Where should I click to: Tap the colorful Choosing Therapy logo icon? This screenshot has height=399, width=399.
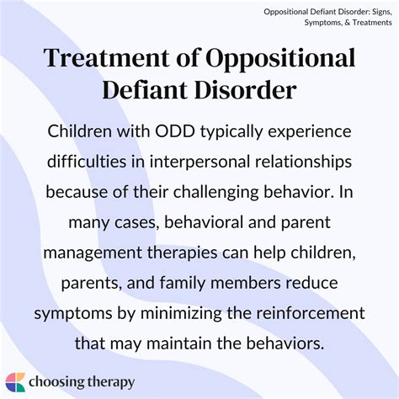click(16, 381)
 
